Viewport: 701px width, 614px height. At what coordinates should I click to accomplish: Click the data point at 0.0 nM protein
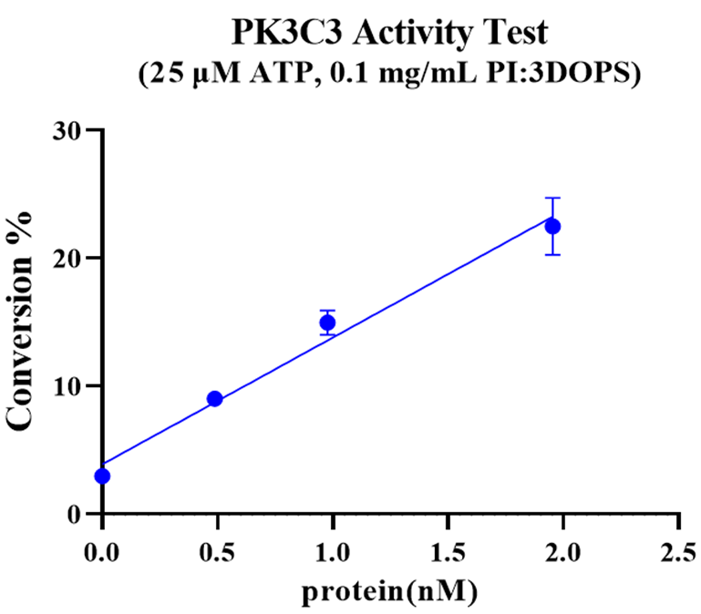[102, 476]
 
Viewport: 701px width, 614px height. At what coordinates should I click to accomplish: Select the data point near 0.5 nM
[214, 398]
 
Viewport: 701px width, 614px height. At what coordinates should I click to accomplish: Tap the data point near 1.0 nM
[327, 322]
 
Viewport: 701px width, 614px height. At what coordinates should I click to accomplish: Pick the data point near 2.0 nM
[552, 226]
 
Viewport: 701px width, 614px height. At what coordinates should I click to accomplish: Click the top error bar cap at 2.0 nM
[552, 198]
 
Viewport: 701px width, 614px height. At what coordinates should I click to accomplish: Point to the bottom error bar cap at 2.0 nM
[552, 254]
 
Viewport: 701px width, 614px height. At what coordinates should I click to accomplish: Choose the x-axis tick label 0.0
[102, 552]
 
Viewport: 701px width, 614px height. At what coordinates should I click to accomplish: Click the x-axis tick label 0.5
[217, 552]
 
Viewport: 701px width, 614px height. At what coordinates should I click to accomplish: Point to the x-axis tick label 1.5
[448, 552]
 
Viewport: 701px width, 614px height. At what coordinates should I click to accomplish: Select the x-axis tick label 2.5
[678, 552]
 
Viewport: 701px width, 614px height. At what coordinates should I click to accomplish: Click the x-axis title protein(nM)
[390, 592]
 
